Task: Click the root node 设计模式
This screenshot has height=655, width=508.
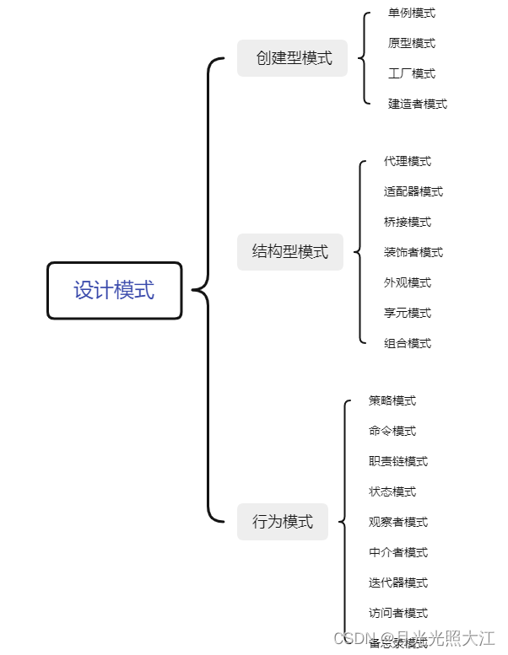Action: (114, 291)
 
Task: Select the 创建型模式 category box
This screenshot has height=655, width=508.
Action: (293, 58)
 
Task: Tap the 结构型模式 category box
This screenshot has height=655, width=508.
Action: (290, 251)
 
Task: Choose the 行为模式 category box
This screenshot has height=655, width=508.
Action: (283, 522)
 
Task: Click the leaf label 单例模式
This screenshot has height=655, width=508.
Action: (412, 13)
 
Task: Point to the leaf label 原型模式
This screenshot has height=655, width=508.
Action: (412, 44)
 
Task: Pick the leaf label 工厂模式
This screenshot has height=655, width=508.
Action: (412, 74)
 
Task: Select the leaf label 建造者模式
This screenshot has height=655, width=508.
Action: (418, 105)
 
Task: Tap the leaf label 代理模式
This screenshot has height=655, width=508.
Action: (408, 162)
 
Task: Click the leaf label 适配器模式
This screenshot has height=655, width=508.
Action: (413, 192)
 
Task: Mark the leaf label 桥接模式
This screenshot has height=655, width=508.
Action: (408, 223)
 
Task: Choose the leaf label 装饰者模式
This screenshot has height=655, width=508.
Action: (413, 253)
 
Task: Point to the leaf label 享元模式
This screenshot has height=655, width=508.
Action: (408, 314)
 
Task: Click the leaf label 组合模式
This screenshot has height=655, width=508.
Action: (408, 344)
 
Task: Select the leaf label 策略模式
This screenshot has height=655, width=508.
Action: (392, 401)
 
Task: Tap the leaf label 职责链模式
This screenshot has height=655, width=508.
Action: (398, 462)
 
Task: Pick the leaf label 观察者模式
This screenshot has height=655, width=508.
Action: (398, 523)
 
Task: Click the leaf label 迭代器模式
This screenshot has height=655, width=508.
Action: (398, 583)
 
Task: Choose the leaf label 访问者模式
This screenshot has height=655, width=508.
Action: (398, 614)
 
